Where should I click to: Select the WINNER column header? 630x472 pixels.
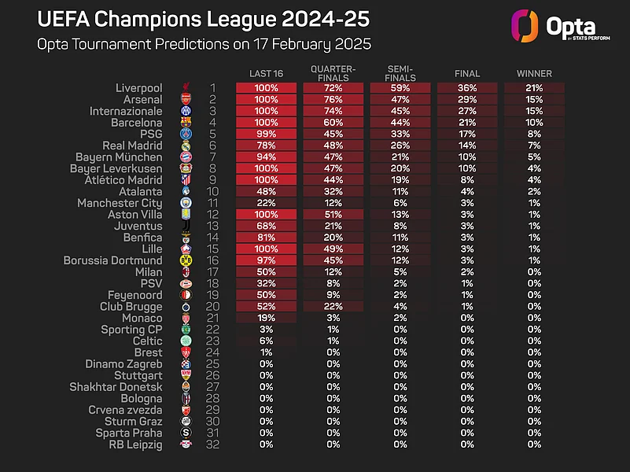coord(534,74)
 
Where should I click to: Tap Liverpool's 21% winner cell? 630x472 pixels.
coord(534,88)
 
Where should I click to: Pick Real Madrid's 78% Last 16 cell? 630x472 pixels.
coord(266,146)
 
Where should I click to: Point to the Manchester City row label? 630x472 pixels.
coord(120,203)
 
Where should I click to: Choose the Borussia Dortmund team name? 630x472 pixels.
coord(112,260)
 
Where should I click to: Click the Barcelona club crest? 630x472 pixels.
coord(186,123)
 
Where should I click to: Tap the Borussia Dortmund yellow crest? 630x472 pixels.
coord(186,260)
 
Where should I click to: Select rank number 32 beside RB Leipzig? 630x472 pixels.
coord(212,444)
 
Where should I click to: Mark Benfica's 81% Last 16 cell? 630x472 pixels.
coord(266,238)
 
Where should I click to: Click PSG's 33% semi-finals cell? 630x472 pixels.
coord(400,135)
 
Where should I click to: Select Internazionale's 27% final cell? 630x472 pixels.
coord(467,111)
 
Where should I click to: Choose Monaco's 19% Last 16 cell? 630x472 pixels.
coord(266,318)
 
